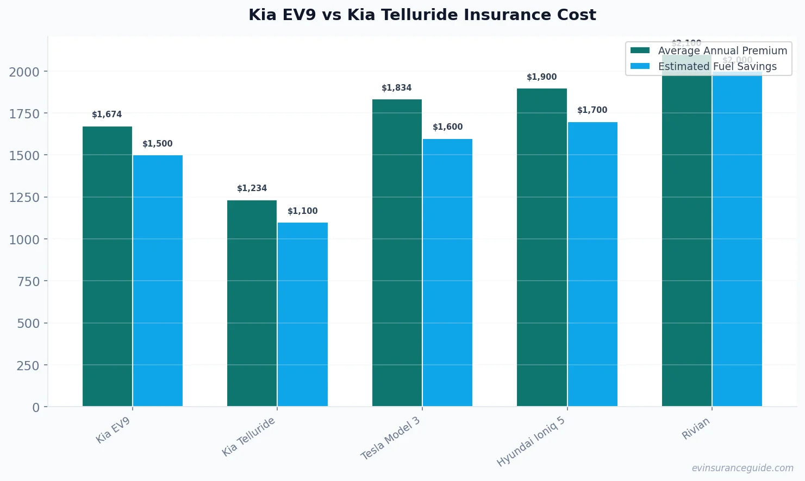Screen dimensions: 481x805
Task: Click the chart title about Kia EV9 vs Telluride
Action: [x=422, y=15]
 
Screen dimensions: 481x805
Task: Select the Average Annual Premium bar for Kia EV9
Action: [x=107, y=266]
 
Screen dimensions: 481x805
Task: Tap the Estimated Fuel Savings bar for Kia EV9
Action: [x=158, y=281]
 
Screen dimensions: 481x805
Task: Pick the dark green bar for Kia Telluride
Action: [x=252, y=303]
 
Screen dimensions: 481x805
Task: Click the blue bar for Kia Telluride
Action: [x=303, y=314]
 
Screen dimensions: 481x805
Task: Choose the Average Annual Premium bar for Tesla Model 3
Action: [x=397, y=252]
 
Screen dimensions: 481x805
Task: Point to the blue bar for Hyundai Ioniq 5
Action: [x=592, y=264]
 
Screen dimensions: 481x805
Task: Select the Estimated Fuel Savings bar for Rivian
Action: [x=737, y=239]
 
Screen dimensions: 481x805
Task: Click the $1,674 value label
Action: [x=107, y=115]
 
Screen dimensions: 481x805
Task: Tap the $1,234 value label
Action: [x=252, y=188]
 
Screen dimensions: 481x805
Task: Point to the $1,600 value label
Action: [x=447, y=127]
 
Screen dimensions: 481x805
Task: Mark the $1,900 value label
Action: [x=541, y=77]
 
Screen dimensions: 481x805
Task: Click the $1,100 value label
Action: [x=303, y=211]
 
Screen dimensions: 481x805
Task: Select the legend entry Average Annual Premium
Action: [x=722, y=50]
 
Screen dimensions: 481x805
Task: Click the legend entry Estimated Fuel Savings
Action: [x=717, y=66]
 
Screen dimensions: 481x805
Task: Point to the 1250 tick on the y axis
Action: [x=24, y=198]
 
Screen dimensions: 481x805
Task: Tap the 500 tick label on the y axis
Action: [x=28, y=324]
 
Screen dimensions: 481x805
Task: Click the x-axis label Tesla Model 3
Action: [x=391, y=438]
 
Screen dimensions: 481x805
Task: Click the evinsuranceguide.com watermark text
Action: [x=742, y=468]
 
